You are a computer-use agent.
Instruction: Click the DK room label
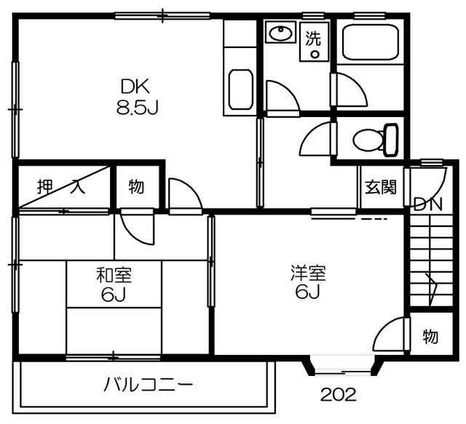135,87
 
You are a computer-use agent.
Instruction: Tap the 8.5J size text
137,108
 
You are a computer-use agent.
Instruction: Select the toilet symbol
376,139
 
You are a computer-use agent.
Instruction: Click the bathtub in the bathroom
370,42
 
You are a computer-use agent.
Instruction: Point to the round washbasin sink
280,33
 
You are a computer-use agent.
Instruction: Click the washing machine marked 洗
314,41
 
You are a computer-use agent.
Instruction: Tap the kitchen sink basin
241,89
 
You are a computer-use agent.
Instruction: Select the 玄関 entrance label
381,187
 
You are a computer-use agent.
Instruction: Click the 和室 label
114,275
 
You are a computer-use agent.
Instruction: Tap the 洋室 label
308,273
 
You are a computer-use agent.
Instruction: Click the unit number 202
338,395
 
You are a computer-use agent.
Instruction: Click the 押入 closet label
61,187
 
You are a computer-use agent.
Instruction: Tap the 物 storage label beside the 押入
136,187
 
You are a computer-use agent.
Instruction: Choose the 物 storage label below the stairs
430,337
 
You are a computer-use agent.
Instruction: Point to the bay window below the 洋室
343,366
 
